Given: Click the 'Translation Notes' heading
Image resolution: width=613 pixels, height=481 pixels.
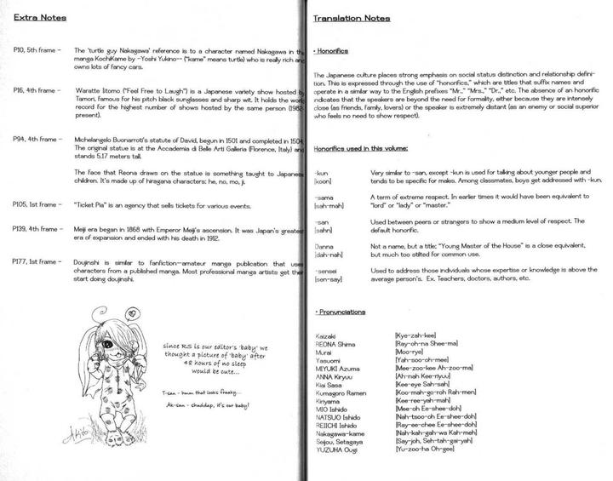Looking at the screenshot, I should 352,18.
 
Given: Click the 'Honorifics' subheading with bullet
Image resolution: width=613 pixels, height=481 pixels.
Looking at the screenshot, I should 334,51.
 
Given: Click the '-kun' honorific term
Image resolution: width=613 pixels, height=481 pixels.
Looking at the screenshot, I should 321,171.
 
